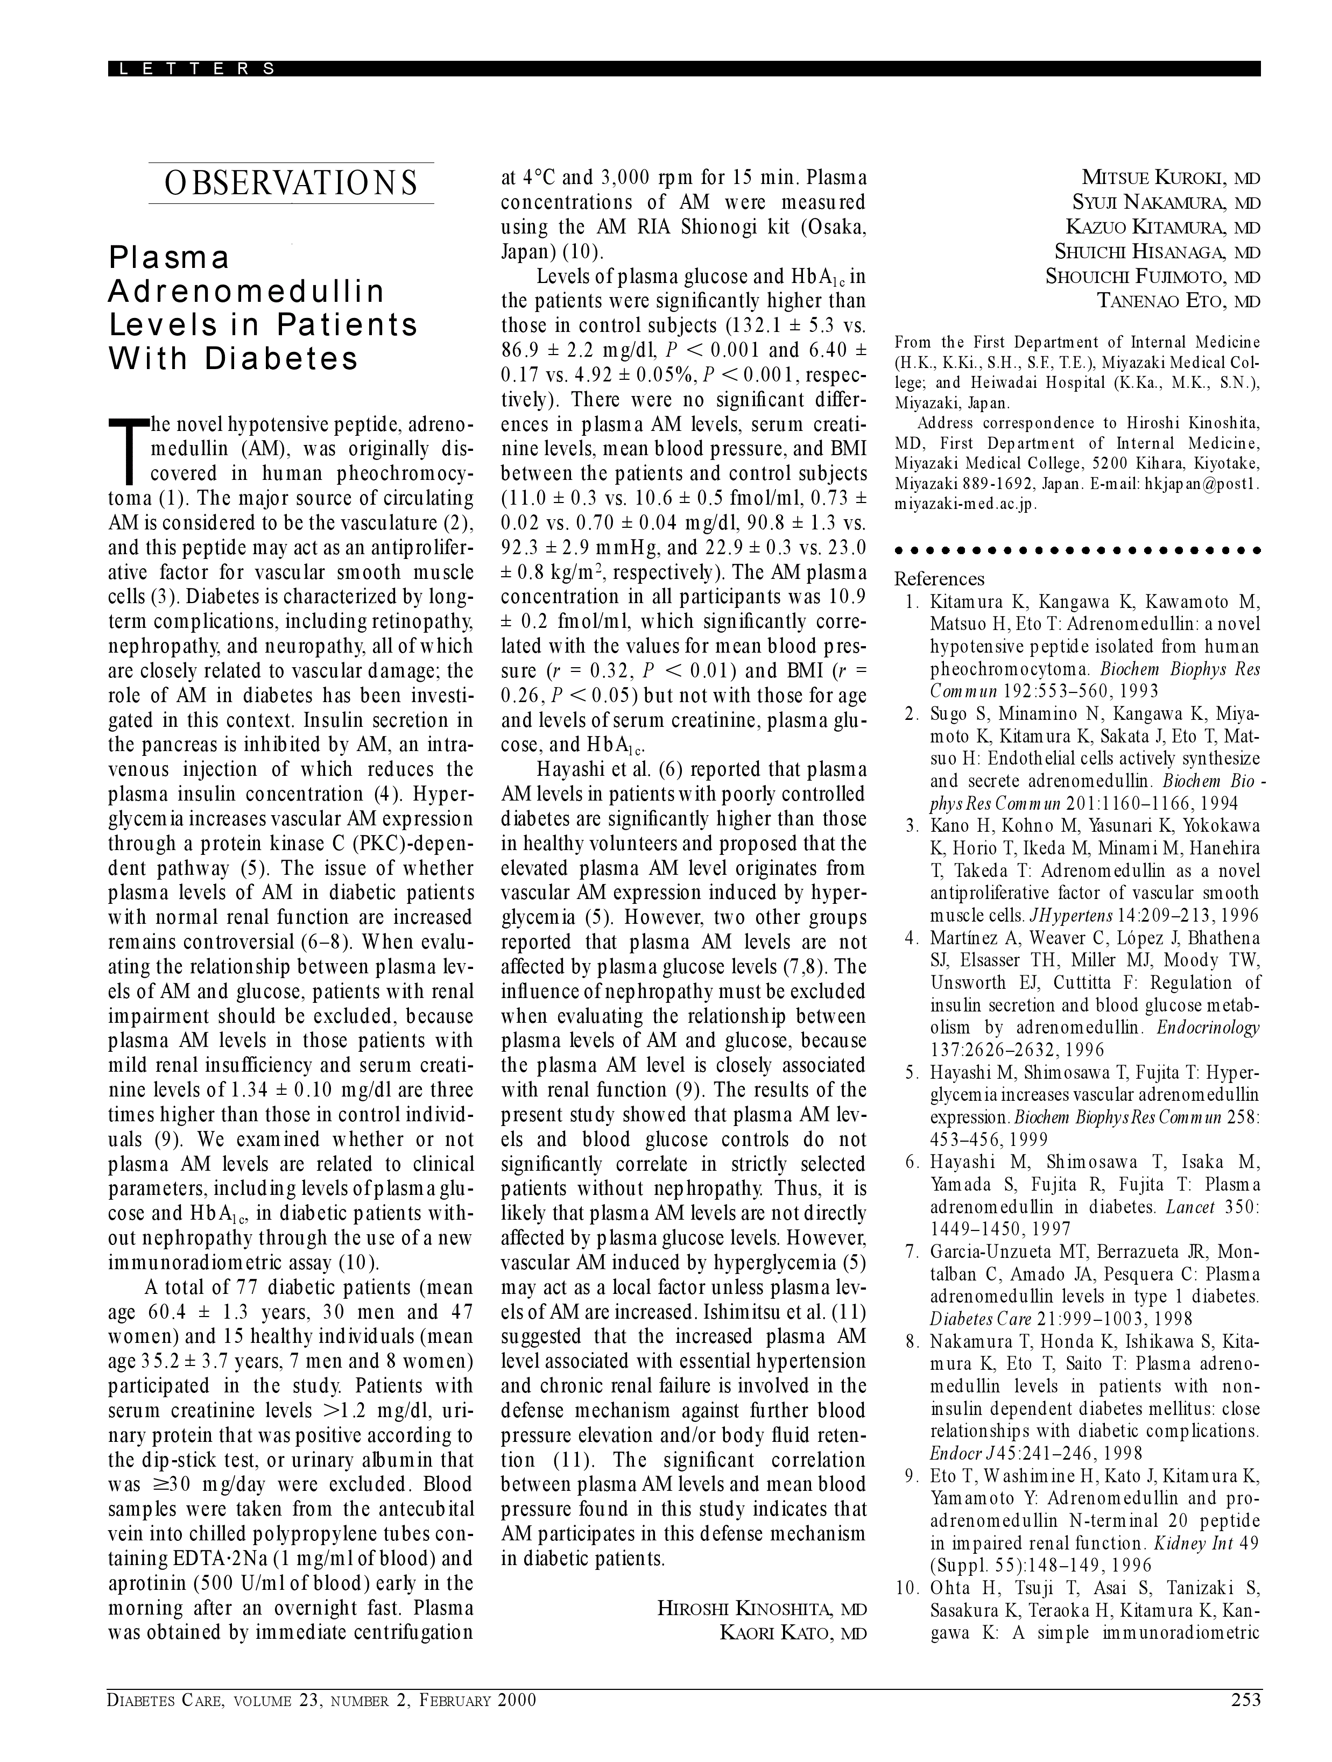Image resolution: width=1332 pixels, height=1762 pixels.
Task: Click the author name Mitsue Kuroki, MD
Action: pos(1171,178)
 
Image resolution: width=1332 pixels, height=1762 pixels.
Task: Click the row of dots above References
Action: pos(1077,550)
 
